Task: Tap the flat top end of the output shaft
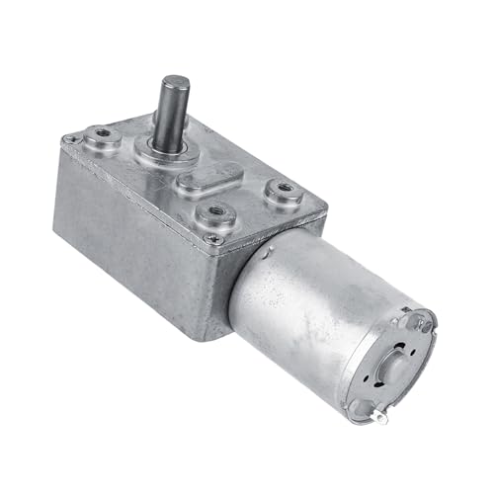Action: (x=176, y=82)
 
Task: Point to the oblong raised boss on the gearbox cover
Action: (x=209, y=182)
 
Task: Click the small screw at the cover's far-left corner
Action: (x=68, y=140)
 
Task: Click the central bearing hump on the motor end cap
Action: (x=395, y=361)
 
